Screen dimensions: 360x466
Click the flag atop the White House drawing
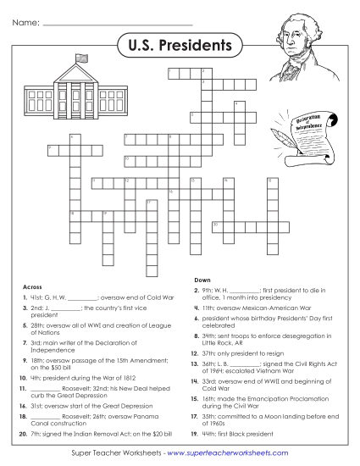pyautogui.click(x=81, y=58)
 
